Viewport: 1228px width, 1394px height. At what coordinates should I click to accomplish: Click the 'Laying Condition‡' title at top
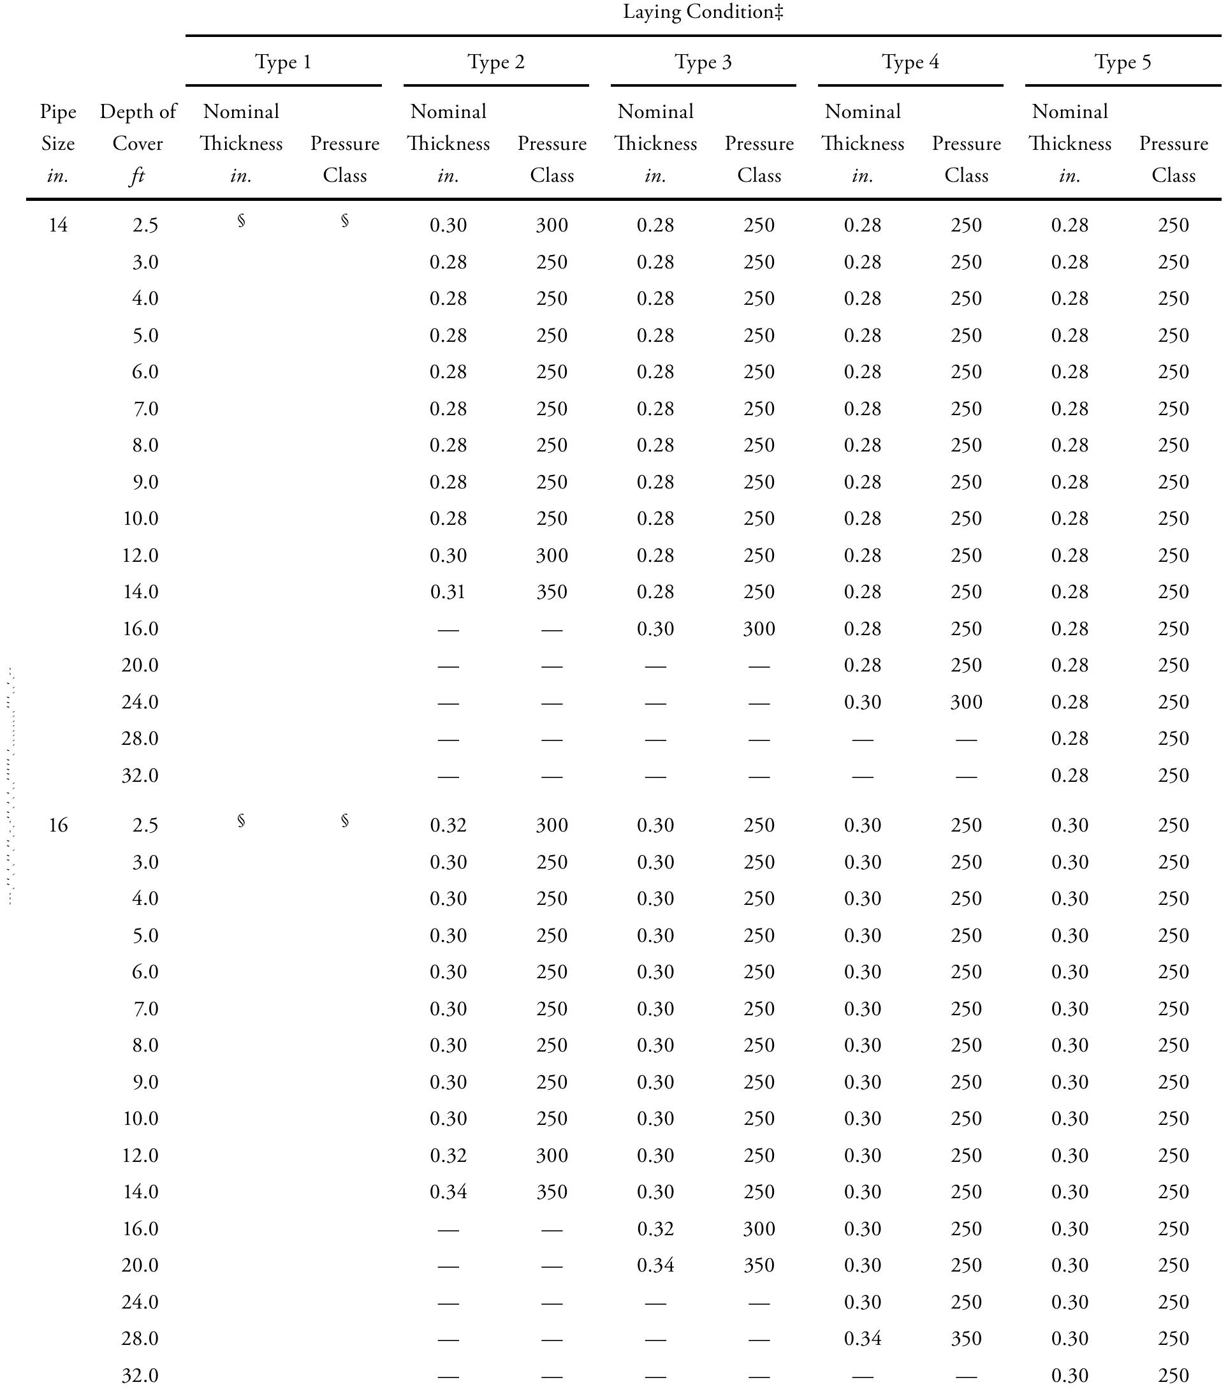click(x=703, y=12)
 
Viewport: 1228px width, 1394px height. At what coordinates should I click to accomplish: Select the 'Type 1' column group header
click(x=283, y=62)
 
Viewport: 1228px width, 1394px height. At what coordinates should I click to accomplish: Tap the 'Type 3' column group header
click(x=703, y=62)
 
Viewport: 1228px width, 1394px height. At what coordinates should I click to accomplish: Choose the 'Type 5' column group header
click(x=1122, y=62)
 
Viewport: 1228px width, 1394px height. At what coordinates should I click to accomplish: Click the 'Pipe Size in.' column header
click(x=58, y=143)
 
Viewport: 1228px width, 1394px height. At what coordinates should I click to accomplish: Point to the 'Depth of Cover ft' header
click(x=138, y=143)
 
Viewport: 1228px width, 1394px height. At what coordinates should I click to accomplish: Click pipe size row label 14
click(x=58, y=225)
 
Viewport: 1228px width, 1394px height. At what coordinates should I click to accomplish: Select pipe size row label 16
click(x=58, y=825)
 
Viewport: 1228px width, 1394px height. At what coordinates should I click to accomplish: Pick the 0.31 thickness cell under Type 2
click(x=448, y=592)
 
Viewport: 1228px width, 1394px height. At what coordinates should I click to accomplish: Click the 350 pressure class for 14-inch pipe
click(x=552, y=592)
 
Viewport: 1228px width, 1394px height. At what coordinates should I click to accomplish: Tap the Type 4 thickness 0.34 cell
click(x=863, y=1339)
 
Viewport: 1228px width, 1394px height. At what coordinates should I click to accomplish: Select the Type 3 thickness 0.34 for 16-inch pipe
click(x=655, y=1265)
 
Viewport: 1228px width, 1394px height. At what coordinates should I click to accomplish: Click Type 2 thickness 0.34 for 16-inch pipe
click(x=448, y=1191)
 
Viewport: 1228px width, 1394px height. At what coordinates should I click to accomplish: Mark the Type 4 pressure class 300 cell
click(x=966, y=701)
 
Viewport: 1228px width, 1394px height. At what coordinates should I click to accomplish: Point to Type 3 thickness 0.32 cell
click(x=655, y=1228)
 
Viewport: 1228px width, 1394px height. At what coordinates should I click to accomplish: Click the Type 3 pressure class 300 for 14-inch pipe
click(x=759, y=629)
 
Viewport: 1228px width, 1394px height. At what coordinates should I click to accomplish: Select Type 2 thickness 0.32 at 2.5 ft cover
click(x=448, y=825)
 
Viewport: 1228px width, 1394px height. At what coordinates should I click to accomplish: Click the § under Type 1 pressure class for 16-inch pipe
click(x=345, y=821)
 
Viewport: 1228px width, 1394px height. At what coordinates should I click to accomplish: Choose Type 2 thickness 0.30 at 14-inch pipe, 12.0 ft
click(x=448, y=555)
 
